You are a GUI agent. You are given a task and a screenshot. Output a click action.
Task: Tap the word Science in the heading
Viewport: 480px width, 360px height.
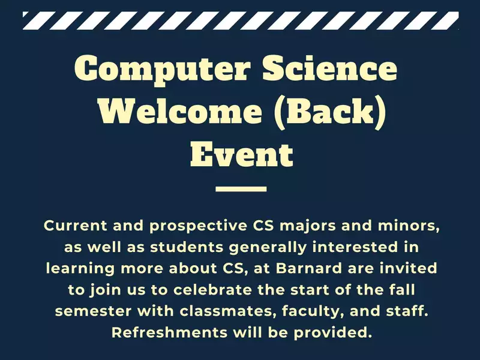(329, 68)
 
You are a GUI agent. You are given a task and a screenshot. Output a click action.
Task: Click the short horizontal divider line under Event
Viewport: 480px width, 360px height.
(241, 189)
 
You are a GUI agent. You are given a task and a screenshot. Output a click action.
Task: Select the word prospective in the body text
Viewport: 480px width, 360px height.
(199, 227)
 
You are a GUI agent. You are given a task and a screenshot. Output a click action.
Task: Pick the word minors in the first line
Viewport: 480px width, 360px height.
(409, 226)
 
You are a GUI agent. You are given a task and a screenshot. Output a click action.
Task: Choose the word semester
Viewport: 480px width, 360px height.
(94, 311)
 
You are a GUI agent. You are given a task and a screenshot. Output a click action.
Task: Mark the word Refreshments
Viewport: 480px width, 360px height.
(169, 332)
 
